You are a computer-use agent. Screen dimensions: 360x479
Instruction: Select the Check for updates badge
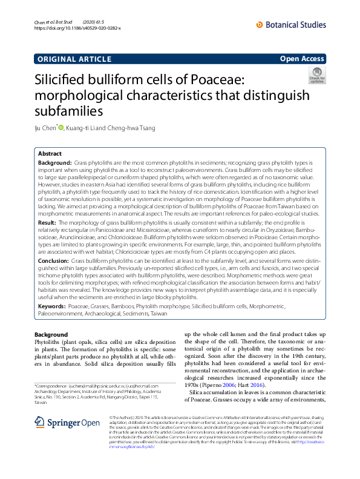(316, 76)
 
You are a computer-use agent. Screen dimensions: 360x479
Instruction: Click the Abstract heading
(50, 154)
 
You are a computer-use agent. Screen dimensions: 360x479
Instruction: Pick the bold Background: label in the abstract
(56, 164)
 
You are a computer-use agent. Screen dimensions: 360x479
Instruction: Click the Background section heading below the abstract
(51, 334)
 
